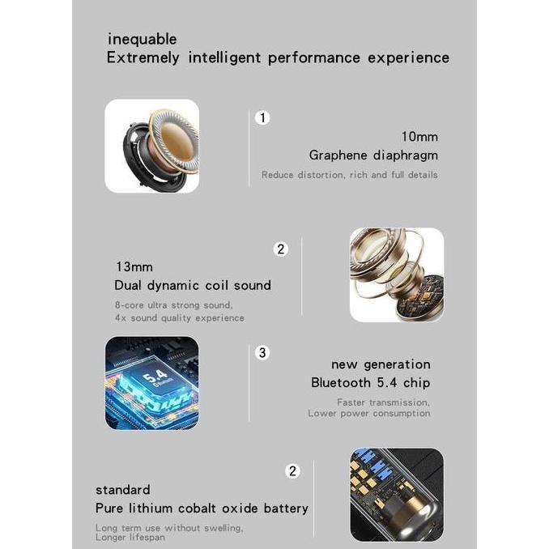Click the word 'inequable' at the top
[x=142, y=39]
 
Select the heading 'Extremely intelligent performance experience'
[x=278, y=58]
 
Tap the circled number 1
[x=262, y=118]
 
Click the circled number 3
[x=262, y=352]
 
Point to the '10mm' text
[x=419, y=137]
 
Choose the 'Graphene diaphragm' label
[x=373, y=155]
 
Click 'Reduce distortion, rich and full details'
[x=349, y=175]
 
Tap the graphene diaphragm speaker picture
[x=151, y=146]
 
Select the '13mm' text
[x=134, y=266]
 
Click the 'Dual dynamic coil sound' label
[x=193, y=285]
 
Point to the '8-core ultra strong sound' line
[x=173, y=305]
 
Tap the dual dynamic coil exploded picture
[x=397, y=275]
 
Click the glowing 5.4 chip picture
[x=151, y=383]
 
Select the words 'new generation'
[x=381, y=364]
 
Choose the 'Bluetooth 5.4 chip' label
[x=370, y=382]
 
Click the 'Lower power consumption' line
[x=368, y=414]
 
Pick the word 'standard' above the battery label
[x=122, y=490]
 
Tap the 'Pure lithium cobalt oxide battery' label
[x=202, y=509]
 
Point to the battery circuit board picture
[x=397, y=495]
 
